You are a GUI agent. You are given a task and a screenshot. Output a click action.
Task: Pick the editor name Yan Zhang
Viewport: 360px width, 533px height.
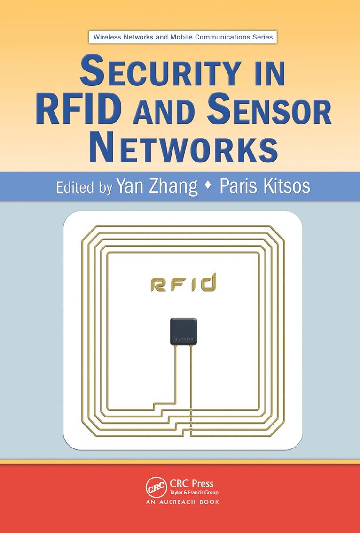[x=157, y=186]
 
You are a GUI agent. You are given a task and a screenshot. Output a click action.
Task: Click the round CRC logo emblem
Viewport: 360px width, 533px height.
[x=157, y=487]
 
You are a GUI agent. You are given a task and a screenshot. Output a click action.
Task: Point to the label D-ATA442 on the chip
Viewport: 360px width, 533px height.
[x=183, y=339]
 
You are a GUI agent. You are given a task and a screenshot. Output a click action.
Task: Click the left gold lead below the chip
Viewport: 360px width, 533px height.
[x=176, y=371]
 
